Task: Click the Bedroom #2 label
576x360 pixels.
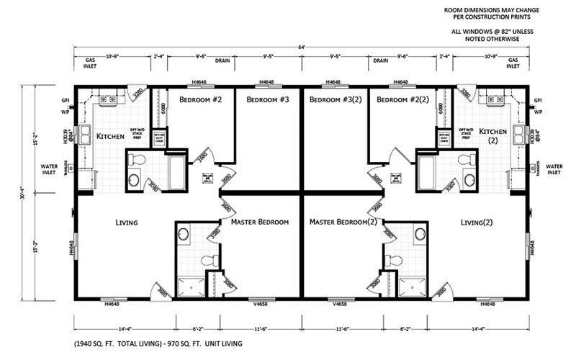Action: pos(196,99)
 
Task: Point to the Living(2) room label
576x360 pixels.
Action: pos(479,222)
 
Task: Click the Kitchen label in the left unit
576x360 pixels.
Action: pos(111,135)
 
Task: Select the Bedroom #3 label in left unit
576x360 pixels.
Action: pos(268,99)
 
